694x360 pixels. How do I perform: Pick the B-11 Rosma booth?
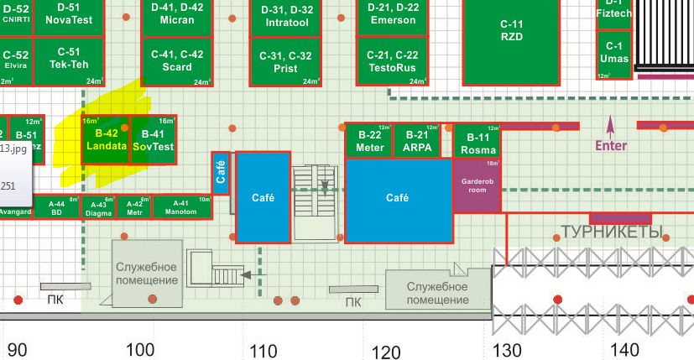click(x=477, y=143)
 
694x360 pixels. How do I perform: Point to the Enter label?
click(x=610, y=145)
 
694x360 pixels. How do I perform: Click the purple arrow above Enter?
click(x=610, y=126)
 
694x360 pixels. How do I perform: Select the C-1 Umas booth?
click(x=614, y=53)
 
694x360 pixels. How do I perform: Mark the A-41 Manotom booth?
click(x=180, y=206)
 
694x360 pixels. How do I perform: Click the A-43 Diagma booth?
click(x=98, y=207)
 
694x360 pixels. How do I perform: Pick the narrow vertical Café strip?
click(x=221, y=173)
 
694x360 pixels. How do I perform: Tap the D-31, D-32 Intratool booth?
click(x=287, y=16)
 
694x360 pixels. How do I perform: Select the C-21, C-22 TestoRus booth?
click(x=393, y=60)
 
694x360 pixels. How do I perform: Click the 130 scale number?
click(x=507, y=350)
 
